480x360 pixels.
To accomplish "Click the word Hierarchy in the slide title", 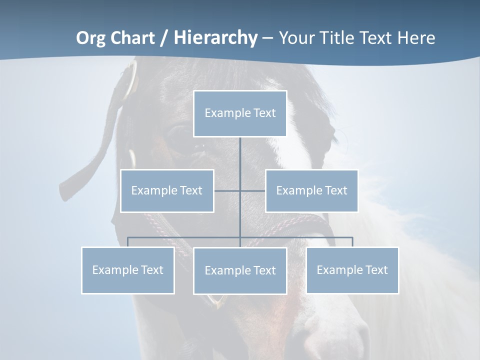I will click(215, 38).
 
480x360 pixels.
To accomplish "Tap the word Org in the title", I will click(91, 38).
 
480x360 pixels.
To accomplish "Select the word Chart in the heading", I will click(132, 38).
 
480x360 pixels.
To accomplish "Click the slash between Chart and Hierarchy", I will click(163, 38).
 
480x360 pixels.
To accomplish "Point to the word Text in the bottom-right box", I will click(376, 270).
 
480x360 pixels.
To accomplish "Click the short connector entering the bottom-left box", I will click(128, 242).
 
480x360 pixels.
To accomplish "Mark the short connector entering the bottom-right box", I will click(352, 242).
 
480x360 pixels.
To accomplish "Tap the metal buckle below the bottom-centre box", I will click(216, 300).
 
